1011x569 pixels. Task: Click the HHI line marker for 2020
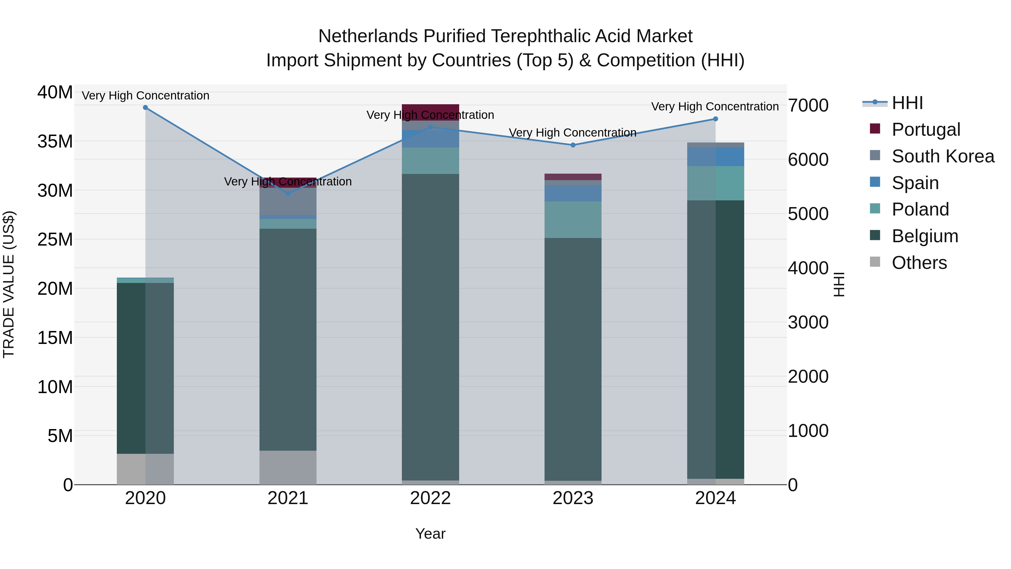tap(145, 108)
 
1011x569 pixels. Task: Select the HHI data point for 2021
tap(288, 194)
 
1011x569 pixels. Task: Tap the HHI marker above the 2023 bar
tap(573, 145)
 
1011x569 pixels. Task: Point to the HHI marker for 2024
tap(716, 119)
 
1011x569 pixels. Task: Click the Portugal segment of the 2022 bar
tap(431, 112)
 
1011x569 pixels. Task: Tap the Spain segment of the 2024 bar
tap(716, 157)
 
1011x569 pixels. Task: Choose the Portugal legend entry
tap(925, 130)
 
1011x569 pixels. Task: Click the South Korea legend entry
tap(942, 156)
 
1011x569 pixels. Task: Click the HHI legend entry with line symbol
tap(907, 103)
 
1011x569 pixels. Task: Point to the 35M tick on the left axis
tap(55, 141)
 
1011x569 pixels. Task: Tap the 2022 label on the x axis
tap(431, 498)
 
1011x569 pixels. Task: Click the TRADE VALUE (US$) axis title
tap(9, 284)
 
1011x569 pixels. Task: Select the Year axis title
tap(431, 534)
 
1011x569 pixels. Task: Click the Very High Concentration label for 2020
tap(145, 96)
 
